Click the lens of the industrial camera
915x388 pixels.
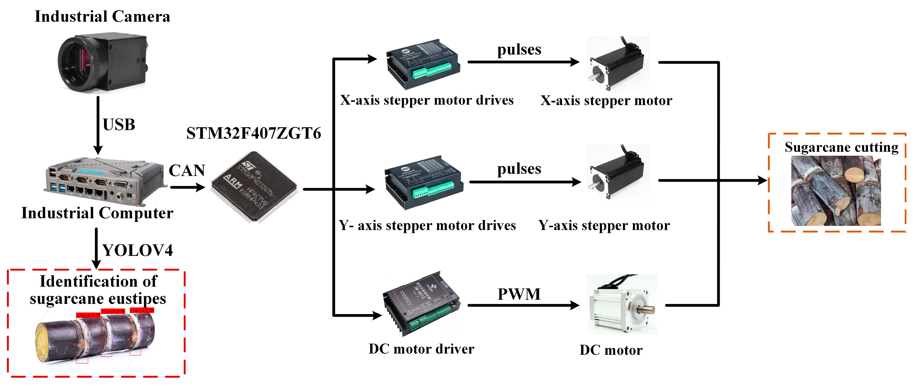(x=76, y=64)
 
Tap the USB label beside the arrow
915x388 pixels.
(x=119, y=125)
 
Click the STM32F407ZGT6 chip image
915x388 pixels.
(x=254, y=187)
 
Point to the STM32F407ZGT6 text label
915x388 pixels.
(x=254, y=134)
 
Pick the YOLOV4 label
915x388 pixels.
(x=137, y=250)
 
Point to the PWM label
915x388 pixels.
(x=519, y=294)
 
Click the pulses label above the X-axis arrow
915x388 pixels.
(x=519, y=50)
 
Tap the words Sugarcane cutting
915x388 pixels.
(x=841, y=147)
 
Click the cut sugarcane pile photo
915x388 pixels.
(x=835, y=191)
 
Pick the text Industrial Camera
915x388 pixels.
(x=102, y=17)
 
